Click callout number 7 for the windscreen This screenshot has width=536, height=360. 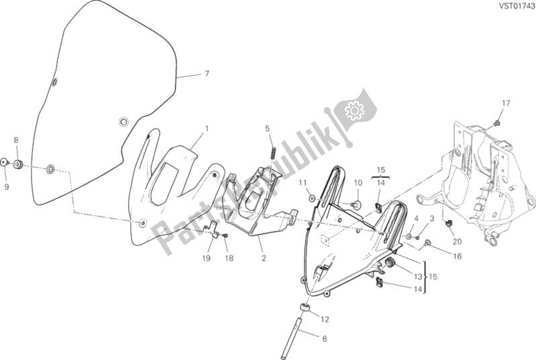(207, 74)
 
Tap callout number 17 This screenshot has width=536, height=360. (506, 103)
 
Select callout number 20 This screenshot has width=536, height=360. (457, 241)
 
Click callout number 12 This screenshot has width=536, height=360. (325, 319)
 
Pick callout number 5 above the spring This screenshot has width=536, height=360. (267, 129)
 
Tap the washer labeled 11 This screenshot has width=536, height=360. (312, 198)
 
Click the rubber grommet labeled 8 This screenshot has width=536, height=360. (18, 164)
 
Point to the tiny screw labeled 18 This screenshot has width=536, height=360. (225, 235)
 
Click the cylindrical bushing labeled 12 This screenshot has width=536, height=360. (305, 308)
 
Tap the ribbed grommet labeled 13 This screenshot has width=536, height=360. (390, 263)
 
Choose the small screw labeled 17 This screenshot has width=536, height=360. (496, 122)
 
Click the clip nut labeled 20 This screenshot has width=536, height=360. (448, 224)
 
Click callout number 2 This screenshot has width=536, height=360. (264, 258)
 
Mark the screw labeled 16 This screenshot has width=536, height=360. (427, 243)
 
